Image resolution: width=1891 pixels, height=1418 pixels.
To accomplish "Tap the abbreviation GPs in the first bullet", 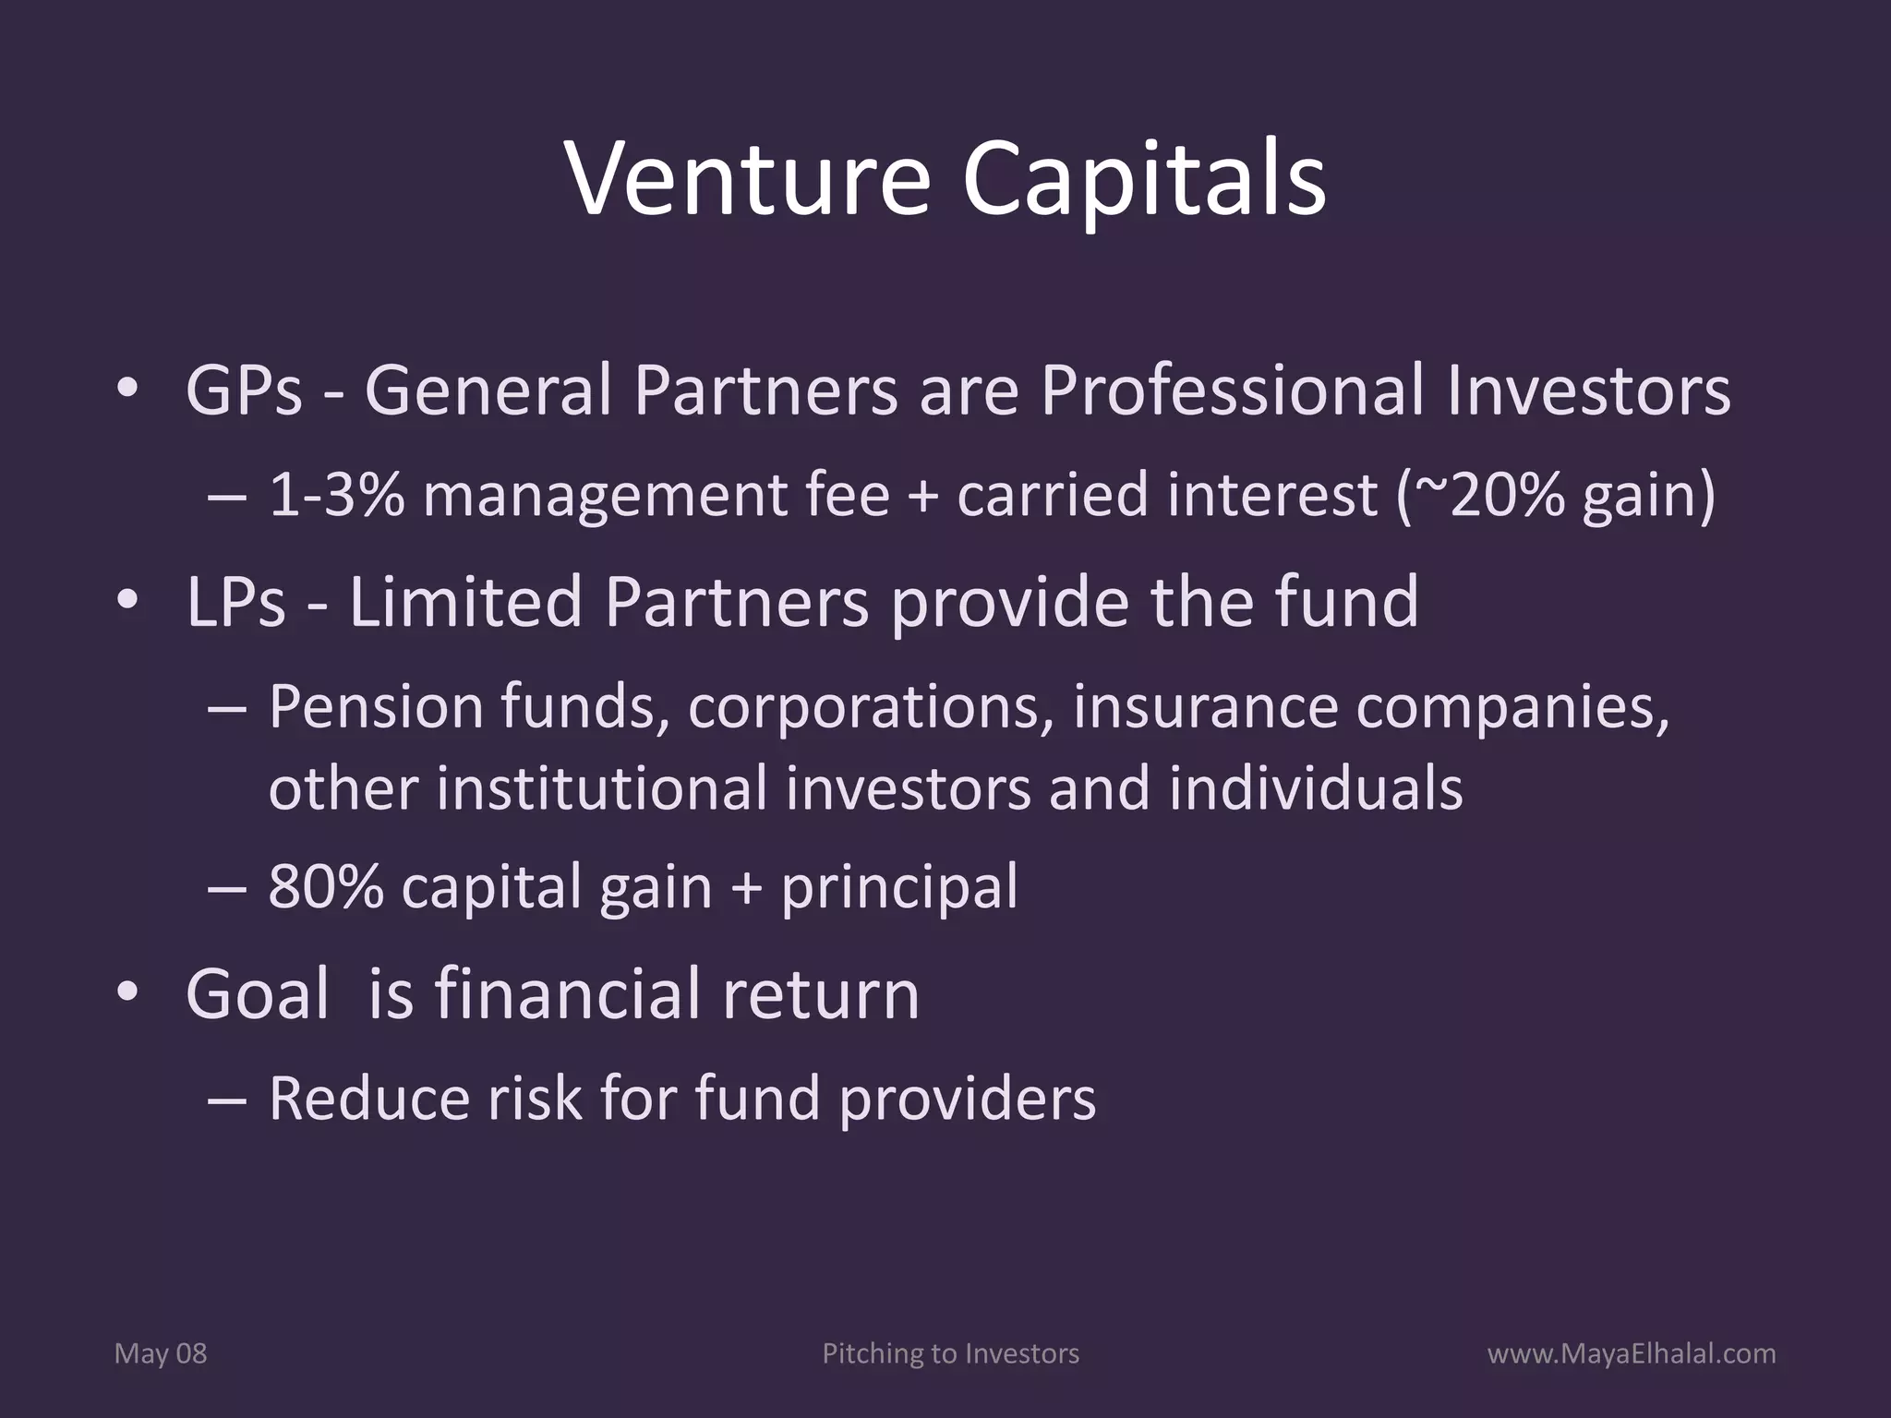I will tap(244, 391).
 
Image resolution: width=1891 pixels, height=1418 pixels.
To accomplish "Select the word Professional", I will tap(1233, 391).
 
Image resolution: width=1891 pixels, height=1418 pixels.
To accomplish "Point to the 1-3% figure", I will tap(336, 495).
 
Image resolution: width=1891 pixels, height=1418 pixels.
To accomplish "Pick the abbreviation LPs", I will tap(235, 602).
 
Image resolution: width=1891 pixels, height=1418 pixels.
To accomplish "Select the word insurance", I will tap(1205, 707).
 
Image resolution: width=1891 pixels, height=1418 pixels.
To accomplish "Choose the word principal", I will tap(899, 887).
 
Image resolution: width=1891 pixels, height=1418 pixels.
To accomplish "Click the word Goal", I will tap(258, 994).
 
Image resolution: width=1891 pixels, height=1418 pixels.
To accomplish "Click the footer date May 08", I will tap(160, 1354).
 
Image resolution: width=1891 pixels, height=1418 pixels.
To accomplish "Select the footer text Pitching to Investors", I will tap(950, 1354).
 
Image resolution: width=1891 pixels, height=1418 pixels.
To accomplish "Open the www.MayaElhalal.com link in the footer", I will tap(1632, 1354).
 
